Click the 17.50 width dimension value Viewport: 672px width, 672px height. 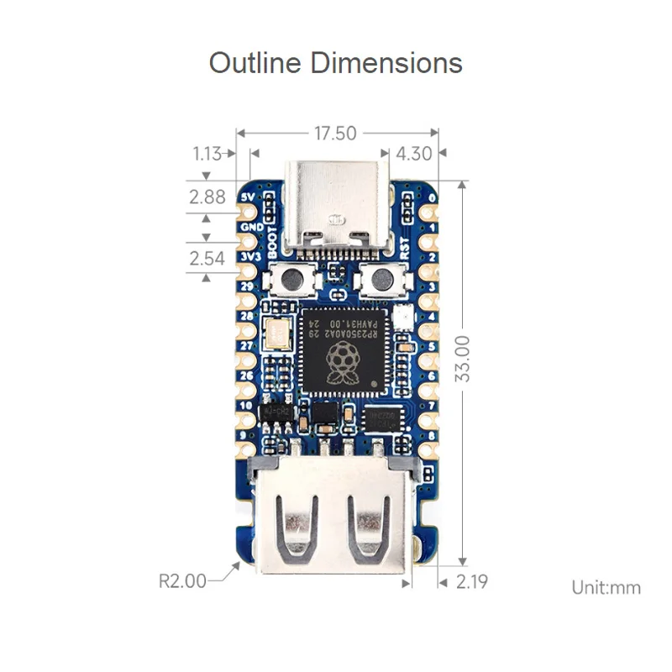click(x=336, y=133)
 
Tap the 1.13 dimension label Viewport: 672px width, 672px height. click(x=207, y=154)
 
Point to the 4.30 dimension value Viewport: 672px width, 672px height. click(x=413, y=154)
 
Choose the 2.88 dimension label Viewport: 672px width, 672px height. click(x=207, y=197)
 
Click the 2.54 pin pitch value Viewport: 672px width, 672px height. click(x=207, y=258)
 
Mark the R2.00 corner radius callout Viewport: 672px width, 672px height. click(x=182, y=580)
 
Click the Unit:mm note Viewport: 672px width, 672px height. click(x=606, y=587)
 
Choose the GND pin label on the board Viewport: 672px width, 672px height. click(x=251, y=226)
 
